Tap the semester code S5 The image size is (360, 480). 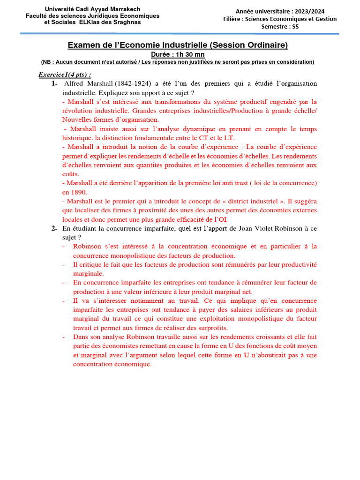pyautogui.click(x=295, y=27)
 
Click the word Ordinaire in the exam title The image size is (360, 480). pyautogui.click(x=267, y=45)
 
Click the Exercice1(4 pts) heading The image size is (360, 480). pyautogui.click(x=65, y=75)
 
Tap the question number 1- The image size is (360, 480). pyautogui.click(x=54, y=84)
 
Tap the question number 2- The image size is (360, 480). pyautogui.click(x=54, y=229)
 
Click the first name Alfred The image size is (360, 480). pyautogui.click(x=73, y=84)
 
